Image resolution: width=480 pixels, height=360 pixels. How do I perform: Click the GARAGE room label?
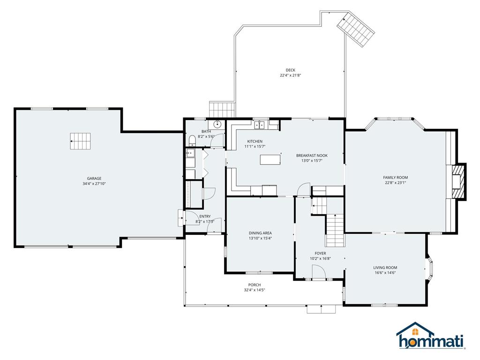(94, 179)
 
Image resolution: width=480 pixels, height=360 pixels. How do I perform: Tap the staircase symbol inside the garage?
(80, 141)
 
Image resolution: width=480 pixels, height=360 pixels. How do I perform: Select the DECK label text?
(291, 70)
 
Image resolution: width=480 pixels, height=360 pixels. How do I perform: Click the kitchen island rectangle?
(270, 159)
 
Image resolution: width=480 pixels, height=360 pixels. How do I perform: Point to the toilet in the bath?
(192, 141)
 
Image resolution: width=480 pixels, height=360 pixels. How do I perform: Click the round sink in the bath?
(217, 125)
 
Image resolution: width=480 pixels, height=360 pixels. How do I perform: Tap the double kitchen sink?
(260, 125)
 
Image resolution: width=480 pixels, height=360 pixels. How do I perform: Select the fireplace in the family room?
(459, 182)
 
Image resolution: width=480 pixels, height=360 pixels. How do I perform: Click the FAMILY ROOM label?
(396, 178)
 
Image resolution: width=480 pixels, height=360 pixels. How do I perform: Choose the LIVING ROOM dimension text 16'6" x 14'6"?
(385, 273)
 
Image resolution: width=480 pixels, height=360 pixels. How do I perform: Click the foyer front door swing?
(318, 272)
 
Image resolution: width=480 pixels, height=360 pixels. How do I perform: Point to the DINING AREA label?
(260, 233)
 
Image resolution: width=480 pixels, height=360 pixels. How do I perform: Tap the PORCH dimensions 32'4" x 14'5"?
(255, 290)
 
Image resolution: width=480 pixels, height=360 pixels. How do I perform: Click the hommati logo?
(431, 336)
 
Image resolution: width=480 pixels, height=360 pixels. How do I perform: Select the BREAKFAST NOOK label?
(312, 156)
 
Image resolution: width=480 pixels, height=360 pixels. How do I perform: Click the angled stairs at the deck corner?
(356, 30)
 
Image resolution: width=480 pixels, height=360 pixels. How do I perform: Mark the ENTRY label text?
(205, 217)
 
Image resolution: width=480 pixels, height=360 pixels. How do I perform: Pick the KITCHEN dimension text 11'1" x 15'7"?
(255, 147)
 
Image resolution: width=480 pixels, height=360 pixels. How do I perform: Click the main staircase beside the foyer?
(335, 230)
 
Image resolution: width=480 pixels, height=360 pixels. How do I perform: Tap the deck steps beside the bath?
(222, 110)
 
